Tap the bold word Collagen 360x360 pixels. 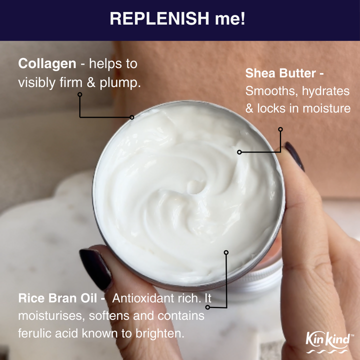pyautogui.click(x=47, y=63)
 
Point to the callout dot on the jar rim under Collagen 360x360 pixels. pyautogui.click(x=131, y=117)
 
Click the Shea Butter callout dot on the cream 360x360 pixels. pyautogui.click(x=239, y=151)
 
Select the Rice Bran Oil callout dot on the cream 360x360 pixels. pyautogui.click(x=226, y=252)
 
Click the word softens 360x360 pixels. pyautogui.click(x=103, y=316)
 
